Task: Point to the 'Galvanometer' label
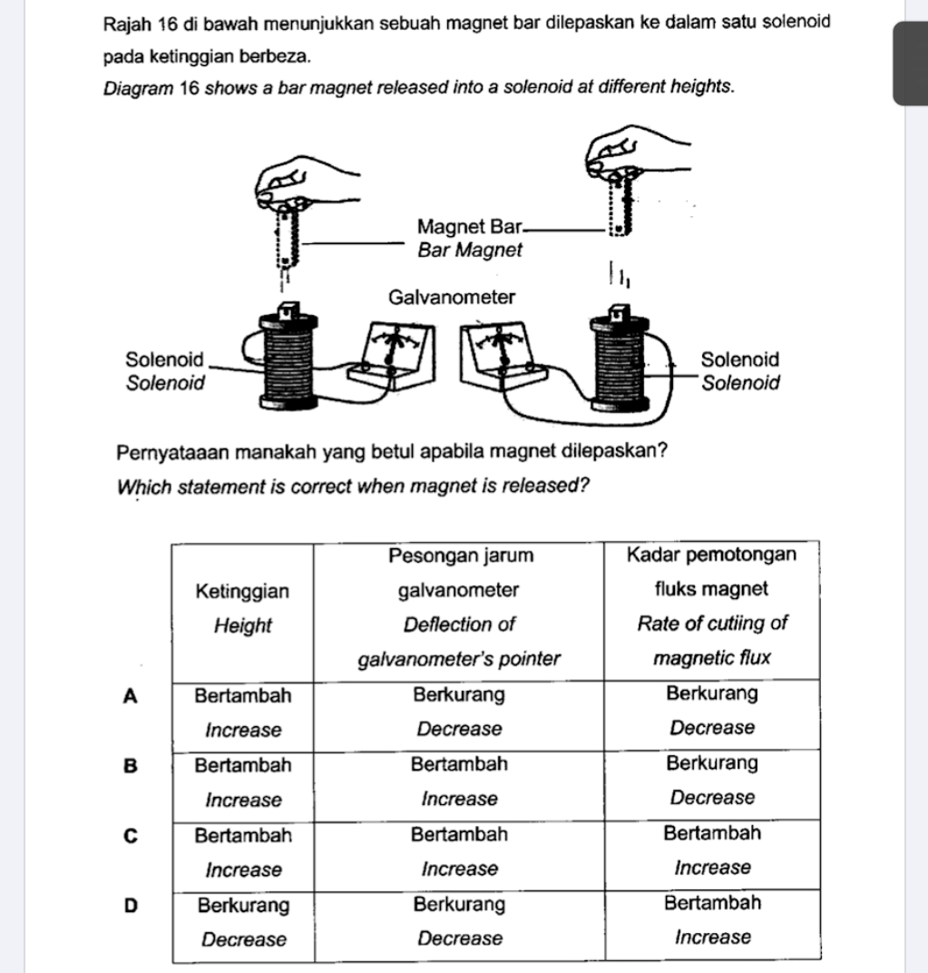click(x=451, y=298)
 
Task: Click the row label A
click(x=131, y=696)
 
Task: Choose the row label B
click(x=131, y=765)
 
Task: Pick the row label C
click(x=131, y=836)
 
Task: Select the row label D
click(x=131, y=905)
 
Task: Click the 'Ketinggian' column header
click(x=242, y=592)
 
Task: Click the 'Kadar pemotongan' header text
click(x=711, y=555)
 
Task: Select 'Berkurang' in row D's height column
click(x=243, y=905)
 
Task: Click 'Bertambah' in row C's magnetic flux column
click(x=712, y=832)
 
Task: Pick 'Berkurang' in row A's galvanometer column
click(x=459, y=695)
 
